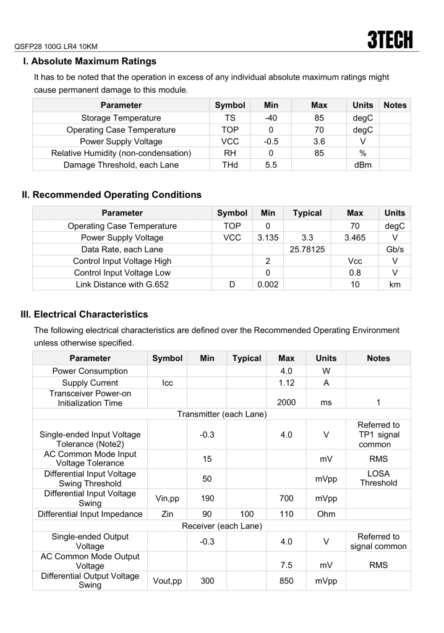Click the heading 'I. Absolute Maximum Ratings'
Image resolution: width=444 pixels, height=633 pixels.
click(90, 61)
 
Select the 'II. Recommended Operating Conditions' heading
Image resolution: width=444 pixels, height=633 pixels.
click(112, 195)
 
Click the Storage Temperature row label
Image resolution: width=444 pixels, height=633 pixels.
click(121, 118)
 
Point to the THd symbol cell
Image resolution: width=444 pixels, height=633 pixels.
click(230, 165)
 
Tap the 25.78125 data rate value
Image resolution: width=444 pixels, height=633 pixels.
click(307, 249)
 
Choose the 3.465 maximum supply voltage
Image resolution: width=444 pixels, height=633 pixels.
click(355, 237)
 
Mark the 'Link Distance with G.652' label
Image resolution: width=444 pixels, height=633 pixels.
click(122, 284)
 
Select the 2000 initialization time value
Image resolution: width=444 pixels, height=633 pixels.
click(286, 402)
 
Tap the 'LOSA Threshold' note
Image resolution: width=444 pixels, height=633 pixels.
click(378, 478)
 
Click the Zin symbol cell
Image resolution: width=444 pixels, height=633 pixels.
click(167, 514)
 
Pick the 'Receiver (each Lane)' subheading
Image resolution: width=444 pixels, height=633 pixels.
click(221, 526)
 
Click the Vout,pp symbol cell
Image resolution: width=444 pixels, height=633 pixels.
click(167, 581)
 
